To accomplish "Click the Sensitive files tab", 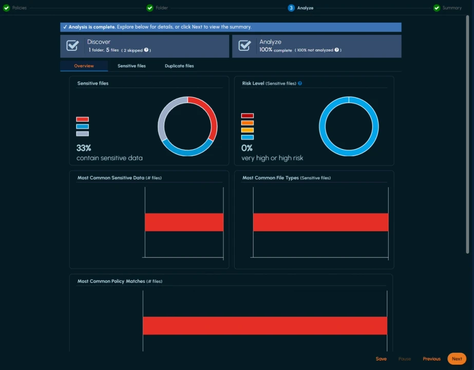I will [x=131, y=66].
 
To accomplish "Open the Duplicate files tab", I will [x=179, y=66].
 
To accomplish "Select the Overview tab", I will [x=84, y=66].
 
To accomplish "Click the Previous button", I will [x=431, y=359].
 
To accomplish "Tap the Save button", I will [x=381, y=359].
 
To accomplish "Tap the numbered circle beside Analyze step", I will [x=291, y=8].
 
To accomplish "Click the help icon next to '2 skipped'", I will [x=146, y=50].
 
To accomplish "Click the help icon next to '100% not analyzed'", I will [x=337, y=50].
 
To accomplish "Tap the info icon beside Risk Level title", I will [x=300, y=83].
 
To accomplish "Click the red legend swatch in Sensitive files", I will [x=82, y=119].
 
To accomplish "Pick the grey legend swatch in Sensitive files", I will [x=82, y=134].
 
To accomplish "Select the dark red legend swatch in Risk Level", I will [x=247, y=116].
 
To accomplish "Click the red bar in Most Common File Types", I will [x=320, y=222].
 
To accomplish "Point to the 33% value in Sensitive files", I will [x=84, y=148].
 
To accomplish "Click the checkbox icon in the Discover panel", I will [x=72, y=46].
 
